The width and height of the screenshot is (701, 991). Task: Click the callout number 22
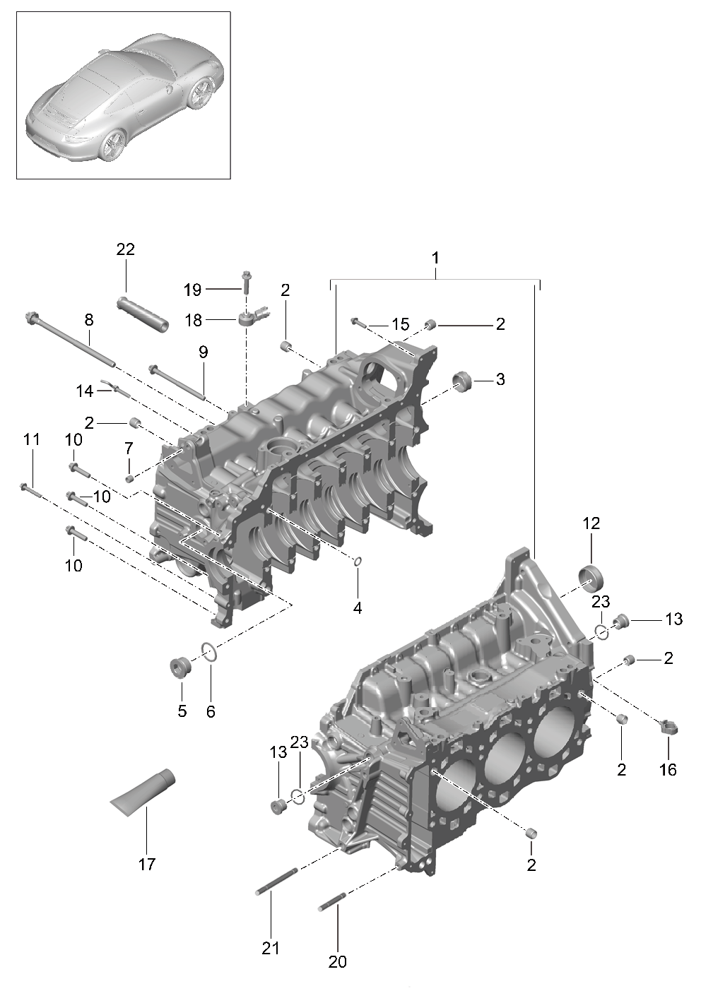[126, 249]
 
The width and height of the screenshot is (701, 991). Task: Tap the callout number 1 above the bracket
[435, 258]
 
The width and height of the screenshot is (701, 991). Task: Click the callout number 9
[204, 351]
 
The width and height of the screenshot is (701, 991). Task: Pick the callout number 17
[146, 864]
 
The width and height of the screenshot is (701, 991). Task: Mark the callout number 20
[338, 961]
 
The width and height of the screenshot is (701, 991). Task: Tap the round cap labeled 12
[591, 576]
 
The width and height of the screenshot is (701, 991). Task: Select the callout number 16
[668, 769]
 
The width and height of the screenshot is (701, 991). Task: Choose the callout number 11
[31, 439]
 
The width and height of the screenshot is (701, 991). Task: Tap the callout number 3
[500, 379]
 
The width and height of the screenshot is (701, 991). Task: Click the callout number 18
[193, 320]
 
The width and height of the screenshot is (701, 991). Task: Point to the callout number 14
[85, 390]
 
